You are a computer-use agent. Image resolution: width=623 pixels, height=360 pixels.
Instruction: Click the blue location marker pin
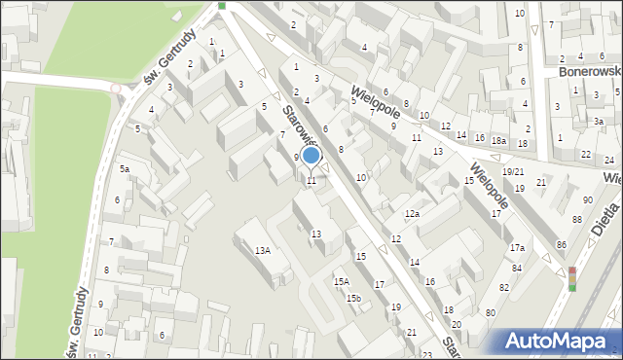pos(311,157)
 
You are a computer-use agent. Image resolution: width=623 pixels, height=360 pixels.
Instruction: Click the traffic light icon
pos(572,279)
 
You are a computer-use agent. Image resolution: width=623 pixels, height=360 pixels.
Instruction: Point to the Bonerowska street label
pos(590,72)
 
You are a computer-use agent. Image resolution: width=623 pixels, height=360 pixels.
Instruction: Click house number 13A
pos(262,251)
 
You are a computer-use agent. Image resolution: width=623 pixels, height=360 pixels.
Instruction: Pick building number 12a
pos(413,214)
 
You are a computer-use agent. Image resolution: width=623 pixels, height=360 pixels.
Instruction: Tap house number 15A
pos(341,282)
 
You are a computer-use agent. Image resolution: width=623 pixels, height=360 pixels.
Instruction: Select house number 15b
pos(353,299)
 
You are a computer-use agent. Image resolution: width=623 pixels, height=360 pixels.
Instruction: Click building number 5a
pos(125,169)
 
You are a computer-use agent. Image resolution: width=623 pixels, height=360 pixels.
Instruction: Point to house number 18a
pos(498,141)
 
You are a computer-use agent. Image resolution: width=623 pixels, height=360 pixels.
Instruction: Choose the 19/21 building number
pos(513,171)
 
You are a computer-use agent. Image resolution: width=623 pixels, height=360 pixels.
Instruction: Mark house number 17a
pos(517,248)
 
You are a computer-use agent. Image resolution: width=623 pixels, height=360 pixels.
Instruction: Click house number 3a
pos(599,122)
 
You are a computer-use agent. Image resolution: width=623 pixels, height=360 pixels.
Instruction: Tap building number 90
pos(587,200)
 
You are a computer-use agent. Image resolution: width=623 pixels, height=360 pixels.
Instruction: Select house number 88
pos(576,220)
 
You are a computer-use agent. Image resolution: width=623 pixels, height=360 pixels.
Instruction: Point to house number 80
pos(490,312)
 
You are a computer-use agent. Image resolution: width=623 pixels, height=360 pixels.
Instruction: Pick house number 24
pos(608,160)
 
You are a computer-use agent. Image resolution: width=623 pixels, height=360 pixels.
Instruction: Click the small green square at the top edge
pos(222,6)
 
